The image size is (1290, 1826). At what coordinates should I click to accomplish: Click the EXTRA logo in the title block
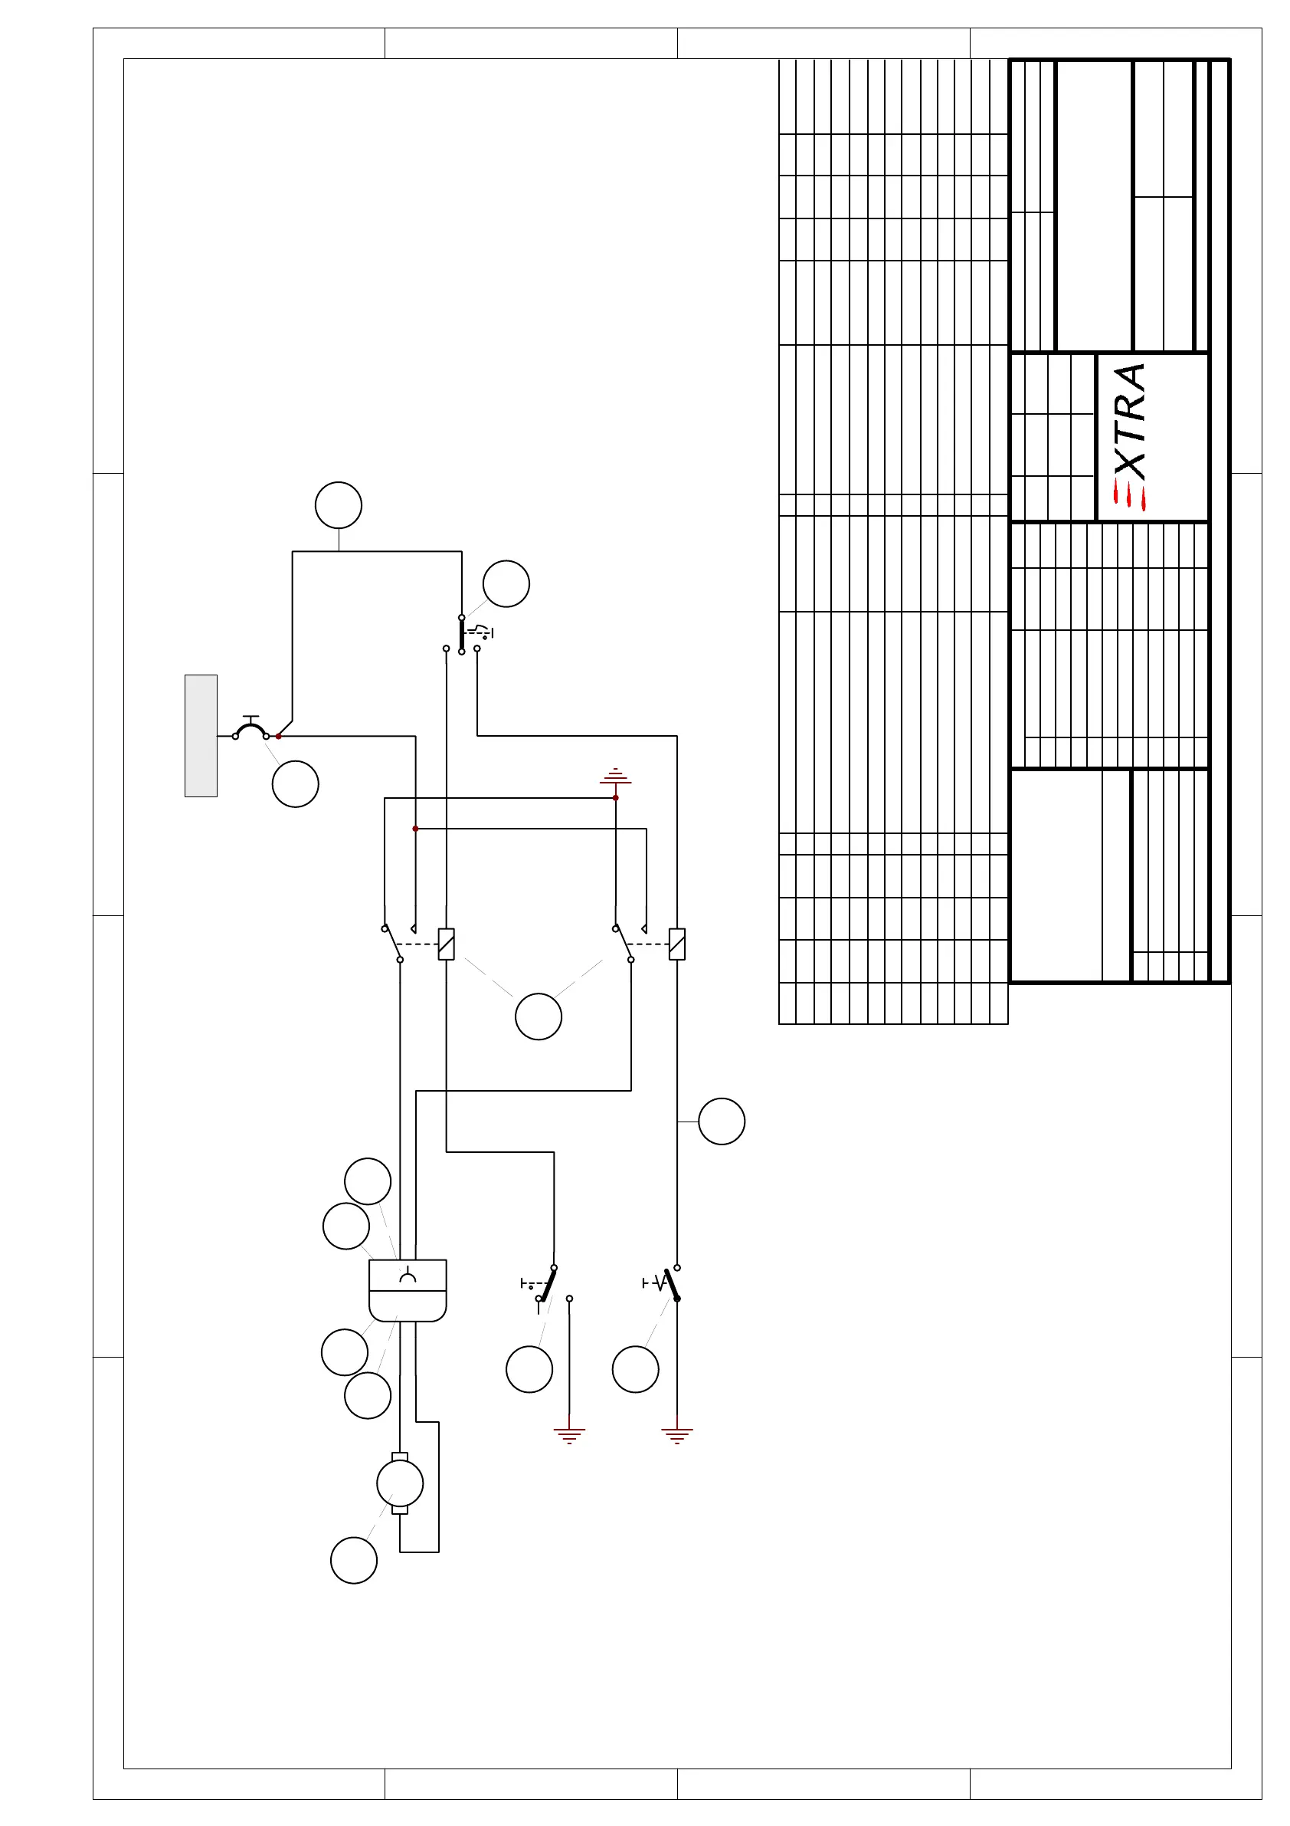(x=1129, y=437)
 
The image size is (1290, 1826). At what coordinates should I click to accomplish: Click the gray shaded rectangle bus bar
(x=201, y=736)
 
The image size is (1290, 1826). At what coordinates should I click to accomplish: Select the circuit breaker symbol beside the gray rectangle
(x=250, y=728)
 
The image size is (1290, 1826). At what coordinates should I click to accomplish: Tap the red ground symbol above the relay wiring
(x=615, y=777)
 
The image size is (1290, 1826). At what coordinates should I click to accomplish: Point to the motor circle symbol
(x=400, y=1483)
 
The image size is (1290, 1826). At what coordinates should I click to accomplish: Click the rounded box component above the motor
(x=408, y=1290)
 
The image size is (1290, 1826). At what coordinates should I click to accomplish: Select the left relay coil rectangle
(x=447, y=944)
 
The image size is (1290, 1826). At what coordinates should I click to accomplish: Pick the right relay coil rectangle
(x=677, y=944)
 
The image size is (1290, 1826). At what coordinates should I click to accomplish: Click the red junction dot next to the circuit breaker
(x=278, y=737)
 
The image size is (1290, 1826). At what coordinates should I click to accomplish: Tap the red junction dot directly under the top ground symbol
(x=615, y=798)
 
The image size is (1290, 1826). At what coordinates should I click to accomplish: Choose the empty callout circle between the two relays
(x=538, y=1016)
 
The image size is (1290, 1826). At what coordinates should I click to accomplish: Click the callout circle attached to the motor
(x=354, y=1560)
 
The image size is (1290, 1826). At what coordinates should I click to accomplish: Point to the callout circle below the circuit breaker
(x=296, y=784)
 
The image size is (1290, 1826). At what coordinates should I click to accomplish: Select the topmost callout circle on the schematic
(x=339, y=505)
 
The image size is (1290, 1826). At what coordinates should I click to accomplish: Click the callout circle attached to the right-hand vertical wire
(x=722, y=1122)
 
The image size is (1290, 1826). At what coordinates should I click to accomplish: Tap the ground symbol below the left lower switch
(x=569, y=1434)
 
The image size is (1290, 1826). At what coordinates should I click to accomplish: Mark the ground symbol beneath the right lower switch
(x=677, y=1434)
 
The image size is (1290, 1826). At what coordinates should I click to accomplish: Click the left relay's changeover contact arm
(x=393, y=944)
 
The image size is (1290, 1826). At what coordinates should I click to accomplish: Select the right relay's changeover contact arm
(x=623, y=944)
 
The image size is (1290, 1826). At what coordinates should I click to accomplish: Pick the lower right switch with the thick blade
(x=672, y=1283)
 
